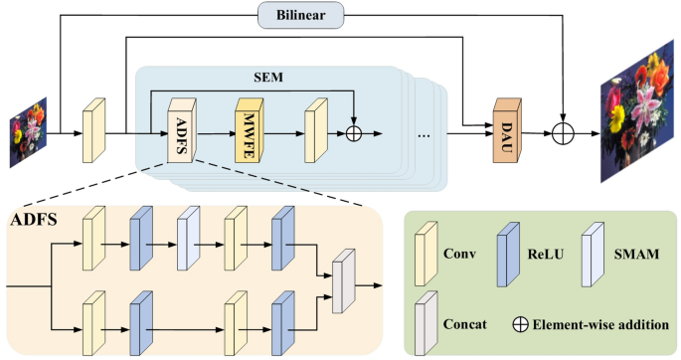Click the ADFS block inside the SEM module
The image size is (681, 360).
[182, 129]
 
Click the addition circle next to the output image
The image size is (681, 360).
[565, 129]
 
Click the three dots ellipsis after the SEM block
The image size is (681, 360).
[422, 133]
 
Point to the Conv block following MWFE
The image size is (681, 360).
[317, 129]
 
